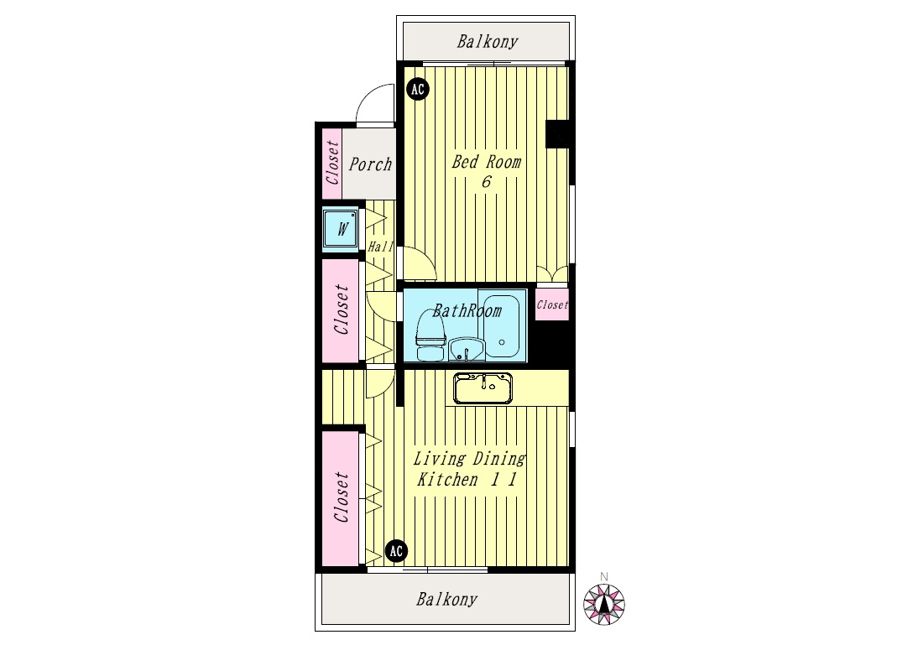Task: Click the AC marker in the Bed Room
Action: coord(418,90)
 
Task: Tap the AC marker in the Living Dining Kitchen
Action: coord(396,551)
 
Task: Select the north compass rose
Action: coord(604,604)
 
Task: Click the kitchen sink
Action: coord(483,388)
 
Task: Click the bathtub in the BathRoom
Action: coord(501,326)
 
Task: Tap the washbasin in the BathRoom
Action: coord(465,349)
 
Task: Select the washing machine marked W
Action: coord(341,229)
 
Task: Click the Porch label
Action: coord(370,164)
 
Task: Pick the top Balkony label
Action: coord(488,41)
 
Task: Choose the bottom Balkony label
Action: coord(446,599)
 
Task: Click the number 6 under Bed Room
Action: coord(486,182)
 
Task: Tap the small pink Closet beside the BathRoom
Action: coord(552,304)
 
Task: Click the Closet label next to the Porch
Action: coord(332,163)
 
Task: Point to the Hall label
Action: coord(380,247)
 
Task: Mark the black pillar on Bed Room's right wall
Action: coord(557,134)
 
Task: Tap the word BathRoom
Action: coord(467,311)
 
